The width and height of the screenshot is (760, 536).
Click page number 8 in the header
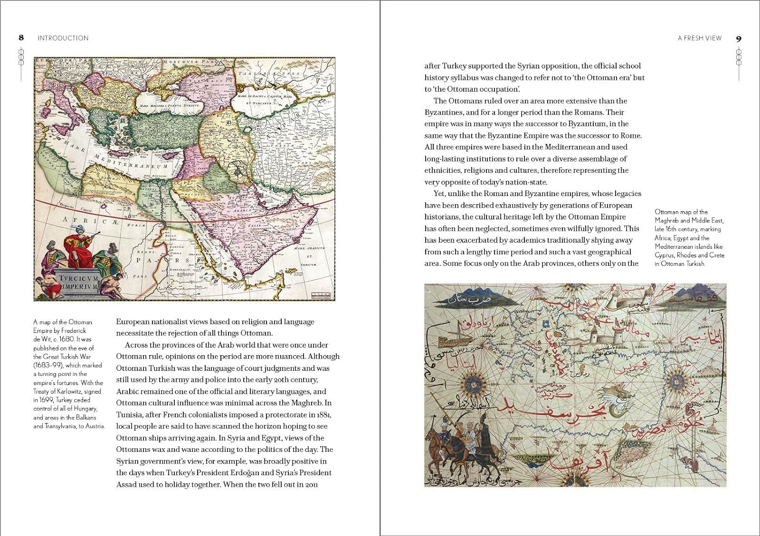click(x=21, y=37)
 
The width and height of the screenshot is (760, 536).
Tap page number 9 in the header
click(x=739, y=39)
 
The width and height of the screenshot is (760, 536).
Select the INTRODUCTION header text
click(x=63, y=38)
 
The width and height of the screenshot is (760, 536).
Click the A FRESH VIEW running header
click(x=700, y=38)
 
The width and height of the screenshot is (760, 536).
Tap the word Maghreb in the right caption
click(x=667, y=220)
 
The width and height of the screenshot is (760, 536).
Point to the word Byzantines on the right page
click(x=444, y=112)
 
